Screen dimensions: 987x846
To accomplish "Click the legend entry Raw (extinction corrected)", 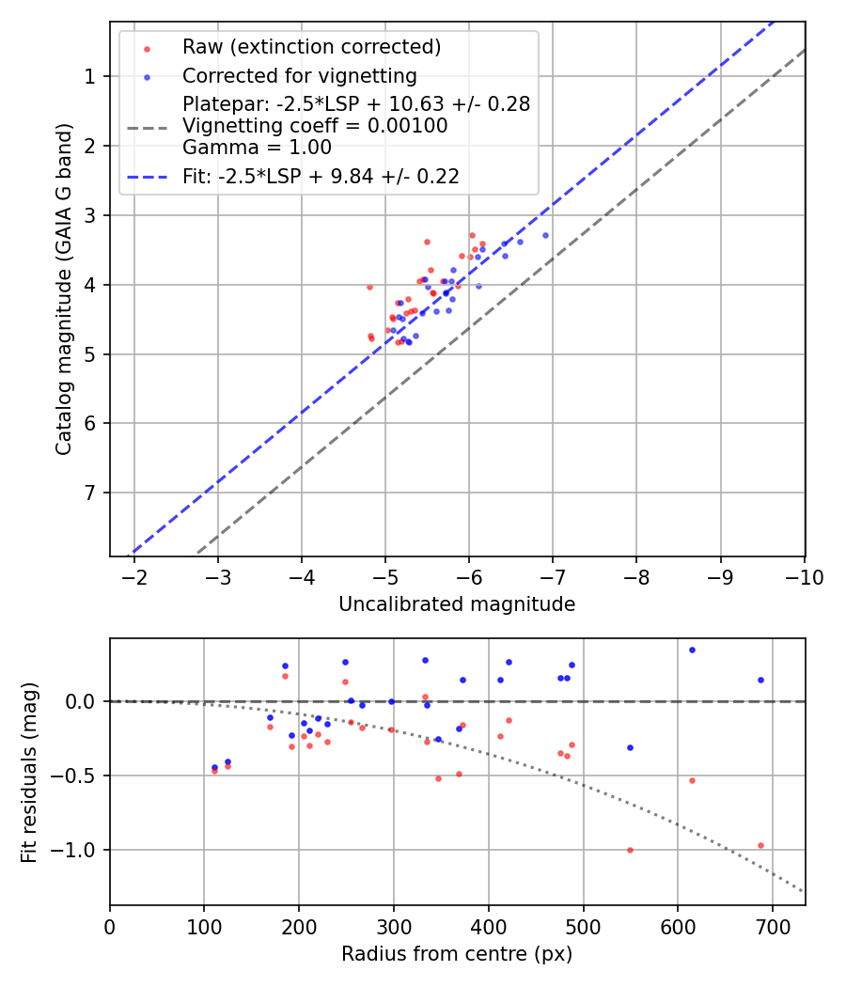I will [311, 47].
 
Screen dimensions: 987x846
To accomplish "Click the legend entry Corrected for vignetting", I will [299, 75].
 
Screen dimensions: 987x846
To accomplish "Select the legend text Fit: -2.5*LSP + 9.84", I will [321, 177].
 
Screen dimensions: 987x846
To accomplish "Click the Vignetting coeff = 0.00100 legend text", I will [315, 126].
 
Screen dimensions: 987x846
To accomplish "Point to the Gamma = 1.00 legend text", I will [257, 148].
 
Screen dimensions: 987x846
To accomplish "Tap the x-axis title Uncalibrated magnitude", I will [457, 604].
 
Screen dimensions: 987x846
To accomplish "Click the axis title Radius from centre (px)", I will [457, 954].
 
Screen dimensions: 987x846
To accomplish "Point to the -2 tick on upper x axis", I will [134, 576].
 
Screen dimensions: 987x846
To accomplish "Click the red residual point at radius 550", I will [630, 850].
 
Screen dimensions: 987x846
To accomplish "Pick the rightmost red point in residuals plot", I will [760, 845].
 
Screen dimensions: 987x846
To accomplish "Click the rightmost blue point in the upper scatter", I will [545, 235].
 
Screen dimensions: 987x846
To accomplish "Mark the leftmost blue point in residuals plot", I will [214, 767].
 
